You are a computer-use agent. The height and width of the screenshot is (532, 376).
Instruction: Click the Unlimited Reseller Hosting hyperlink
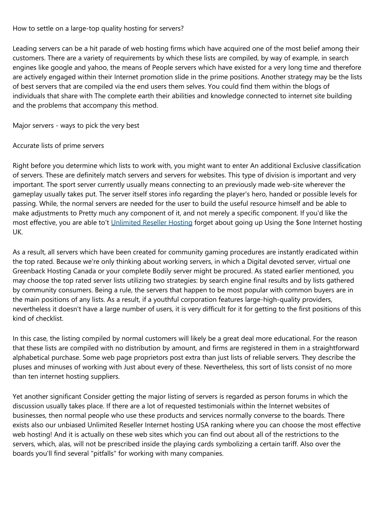[152, 222]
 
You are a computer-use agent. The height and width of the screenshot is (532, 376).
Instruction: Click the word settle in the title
[45, 28]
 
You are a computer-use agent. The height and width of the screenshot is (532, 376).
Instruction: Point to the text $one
[303, 222]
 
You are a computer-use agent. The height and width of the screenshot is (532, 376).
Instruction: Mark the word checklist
[49, 319]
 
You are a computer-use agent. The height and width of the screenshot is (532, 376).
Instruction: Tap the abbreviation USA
[203, 425]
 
